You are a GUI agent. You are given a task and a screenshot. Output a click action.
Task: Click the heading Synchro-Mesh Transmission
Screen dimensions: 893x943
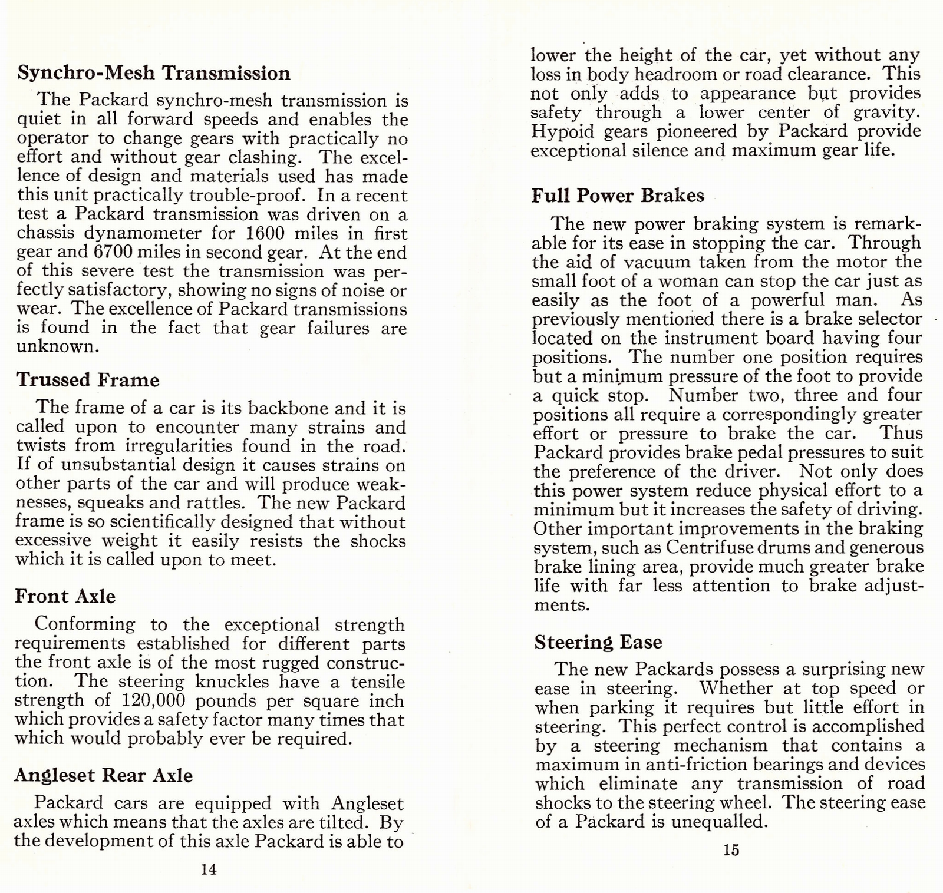(x=154, y=73)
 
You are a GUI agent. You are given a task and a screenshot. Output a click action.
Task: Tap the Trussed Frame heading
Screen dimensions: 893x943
(x=88, y=380)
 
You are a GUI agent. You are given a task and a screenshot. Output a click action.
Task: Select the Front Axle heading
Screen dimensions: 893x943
(x=65, y=596)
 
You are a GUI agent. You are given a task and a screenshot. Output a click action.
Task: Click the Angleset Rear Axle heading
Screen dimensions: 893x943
(x=104, y=775)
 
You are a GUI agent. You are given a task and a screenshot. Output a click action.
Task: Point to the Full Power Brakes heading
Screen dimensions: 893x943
(x=618, y=196)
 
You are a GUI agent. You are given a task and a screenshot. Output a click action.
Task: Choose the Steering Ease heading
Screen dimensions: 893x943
(x=598, y=642)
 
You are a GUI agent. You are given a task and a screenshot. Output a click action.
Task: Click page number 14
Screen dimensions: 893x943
(x=209, y=869)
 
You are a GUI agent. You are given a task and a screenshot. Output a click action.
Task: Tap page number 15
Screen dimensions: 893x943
(x=731, y=850)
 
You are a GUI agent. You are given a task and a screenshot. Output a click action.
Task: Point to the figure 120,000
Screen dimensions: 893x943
(x=153, y=701)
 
